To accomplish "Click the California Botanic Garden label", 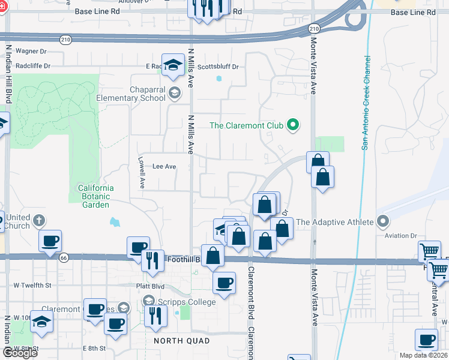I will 95,196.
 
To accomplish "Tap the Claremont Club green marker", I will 293,125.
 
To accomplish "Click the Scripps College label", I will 187,302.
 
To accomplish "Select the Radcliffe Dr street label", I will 33,65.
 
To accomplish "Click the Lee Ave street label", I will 164,167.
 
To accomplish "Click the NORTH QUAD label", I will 181,341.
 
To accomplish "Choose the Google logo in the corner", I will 19,353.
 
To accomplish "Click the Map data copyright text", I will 424,355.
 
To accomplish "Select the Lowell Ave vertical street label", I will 142,171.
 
